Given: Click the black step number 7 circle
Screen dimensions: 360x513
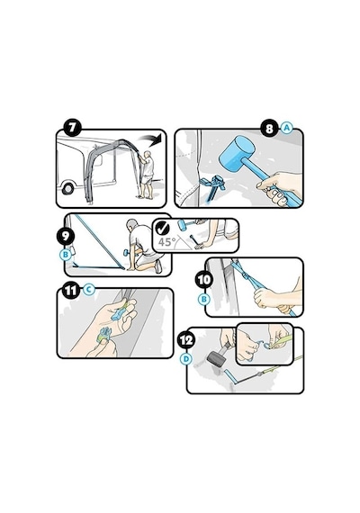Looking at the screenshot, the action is tap(72, 128).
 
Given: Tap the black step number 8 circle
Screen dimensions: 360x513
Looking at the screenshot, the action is tap(269, 128).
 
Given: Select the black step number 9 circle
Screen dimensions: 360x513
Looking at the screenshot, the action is tap(66, 236).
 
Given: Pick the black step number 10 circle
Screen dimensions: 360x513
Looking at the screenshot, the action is tap(204, 280).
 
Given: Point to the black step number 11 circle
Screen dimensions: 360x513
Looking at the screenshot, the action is tap(71, 291).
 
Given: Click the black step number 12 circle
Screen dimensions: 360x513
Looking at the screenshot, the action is tap(186, 340).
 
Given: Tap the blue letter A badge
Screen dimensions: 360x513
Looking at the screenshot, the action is tap(287, 128).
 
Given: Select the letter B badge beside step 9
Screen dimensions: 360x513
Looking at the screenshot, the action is tap(66, 255).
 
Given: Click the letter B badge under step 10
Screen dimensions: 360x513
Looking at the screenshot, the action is tap(204, 299).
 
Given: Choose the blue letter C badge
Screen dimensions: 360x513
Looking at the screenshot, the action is tap(89, 290).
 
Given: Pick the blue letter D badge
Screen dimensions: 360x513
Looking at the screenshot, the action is tap(186, 359).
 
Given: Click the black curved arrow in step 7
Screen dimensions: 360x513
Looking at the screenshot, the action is tap(151, 138).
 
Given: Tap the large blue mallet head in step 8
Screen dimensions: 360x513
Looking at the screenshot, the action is tap(238, 152).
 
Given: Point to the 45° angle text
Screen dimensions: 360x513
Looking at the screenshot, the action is tap(166, 242).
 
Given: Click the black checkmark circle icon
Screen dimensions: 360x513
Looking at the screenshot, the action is tap(162, 228).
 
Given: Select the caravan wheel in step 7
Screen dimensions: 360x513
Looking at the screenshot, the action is tap(67, 188).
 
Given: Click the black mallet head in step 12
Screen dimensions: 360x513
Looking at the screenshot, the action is tap(217, 359).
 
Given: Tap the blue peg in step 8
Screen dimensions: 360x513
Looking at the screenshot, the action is tap(213, 188).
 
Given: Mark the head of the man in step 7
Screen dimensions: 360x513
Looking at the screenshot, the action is tap(148, 153).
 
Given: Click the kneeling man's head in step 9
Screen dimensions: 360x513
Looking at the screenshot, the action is tap(132, 224).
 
